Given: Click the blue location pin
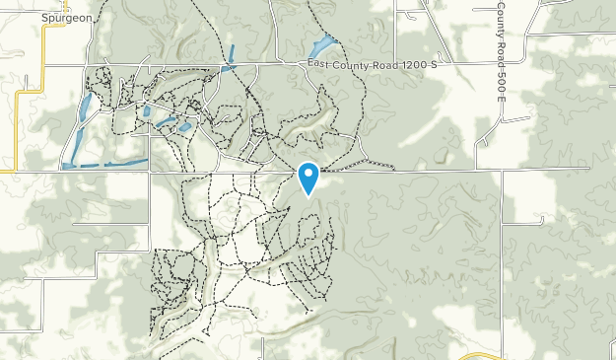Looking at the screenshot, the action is pyautogui.click(x=308, y=178).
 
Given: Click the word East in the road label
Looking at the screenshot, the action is pyautogui.click(x=317, y=65).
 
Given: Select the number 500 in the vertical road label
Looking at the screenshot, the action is pyautogui.click(x=501, y=72).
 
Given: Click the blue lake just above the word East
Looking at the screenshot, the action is pyautogui.click(x=320, y=46).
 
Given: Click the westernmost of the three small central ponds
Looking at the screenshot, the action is pyautogui.click(x=147, y=111).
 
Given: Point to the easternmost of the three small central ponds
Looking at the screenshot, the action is pyautogui.click(x=185, y=127).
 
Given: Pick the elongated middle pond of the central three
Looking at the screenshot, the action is pyautogui.click(x=166, y=124).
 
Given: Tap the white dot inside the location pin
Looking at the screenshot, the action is pyautogui.click(x=308, y=175).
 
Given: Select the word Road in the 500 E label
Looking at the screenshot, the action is pyautogui.click(x=501, y=47).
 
